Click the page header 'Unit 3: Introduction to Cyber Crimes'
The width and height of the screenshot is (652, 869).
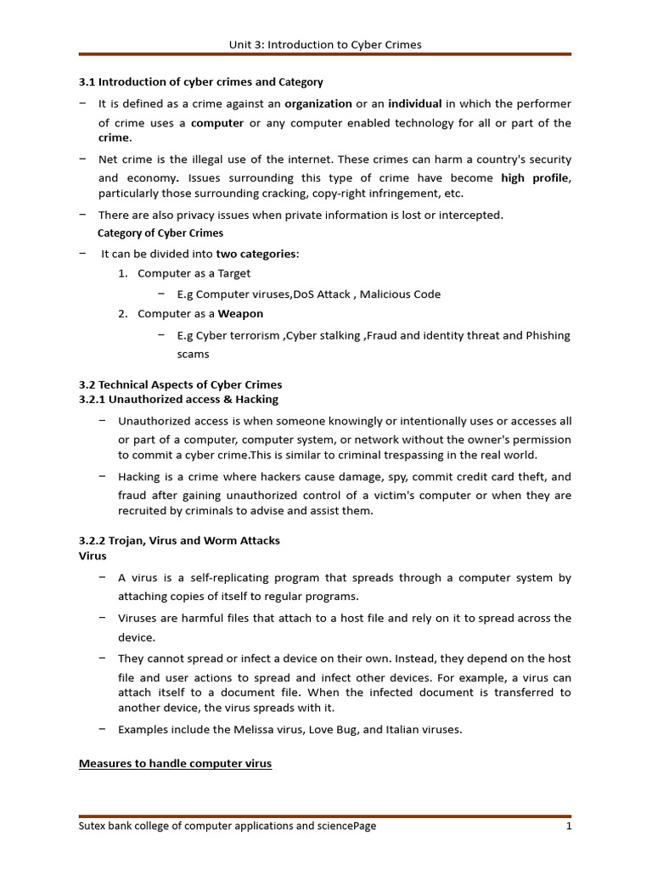(x=325, y=44)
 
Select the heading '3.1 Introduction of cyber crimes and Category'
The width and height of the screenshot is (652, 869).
(x=200, y=82)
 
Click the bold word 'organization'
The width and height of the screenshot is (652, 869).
(x=318, y=104)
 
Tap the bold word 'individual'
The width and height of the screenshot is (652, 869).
(x=415, y=104)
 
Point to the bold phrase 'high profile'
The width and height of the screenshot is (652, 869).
(x=535, y=178)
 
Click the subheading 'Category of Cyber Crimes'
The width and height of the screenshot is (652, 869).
(x=160, y=233)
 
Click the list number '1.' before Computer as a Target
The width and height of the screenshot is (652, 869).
(x=123, y=273)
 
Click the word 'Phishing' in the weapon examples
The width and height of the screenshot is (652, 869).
(x=548, y=335)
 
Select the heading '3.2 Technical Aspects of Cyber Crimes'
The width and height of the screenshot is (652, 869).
(x=180, y=384)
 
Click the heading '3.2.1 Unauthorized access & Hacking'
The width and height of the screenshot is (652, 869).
(x=178, y=399)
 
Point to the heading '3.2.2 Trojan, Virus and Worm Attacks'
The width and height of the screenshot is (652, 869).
(x=179, y=541)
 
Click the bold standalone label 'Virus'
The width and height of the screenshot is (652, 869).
(x=93, y=556)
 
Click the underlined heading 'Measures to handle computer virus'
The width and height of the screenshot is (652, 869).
(x=175, y=764)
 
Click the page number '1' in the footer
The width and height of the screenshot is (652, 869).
(x=568, y=826)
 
